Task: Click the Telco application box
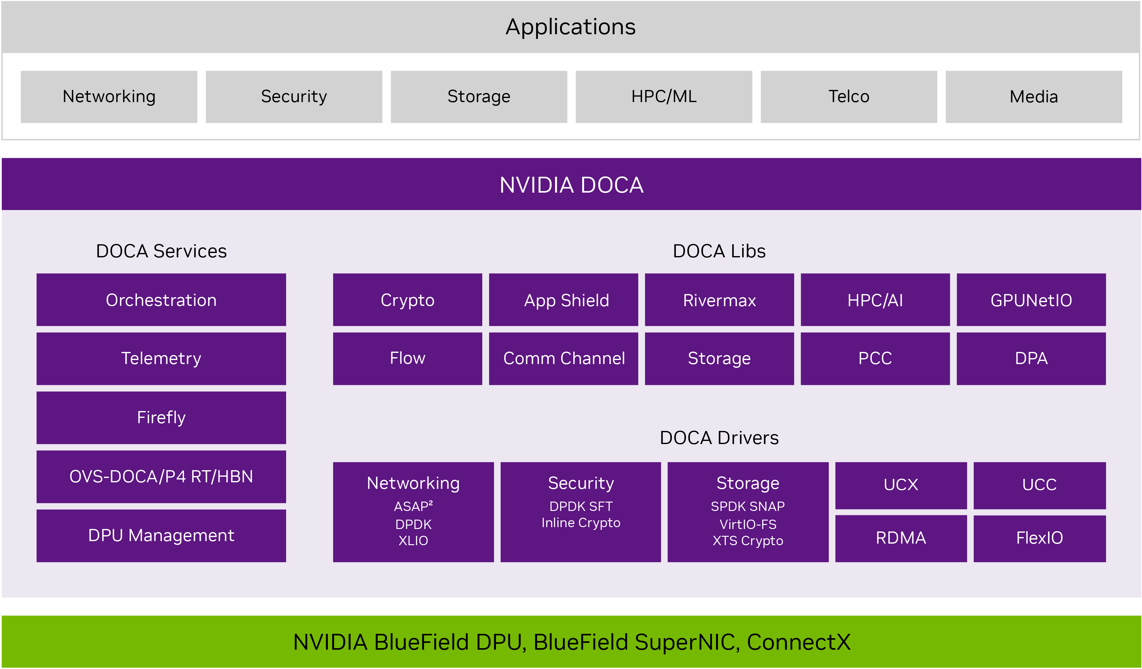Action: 849,96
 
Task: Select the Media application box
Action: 1034,96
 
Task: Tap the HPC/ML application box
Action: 664,96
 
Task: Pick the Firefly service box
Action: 161,418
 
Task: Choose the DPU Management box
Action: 161,536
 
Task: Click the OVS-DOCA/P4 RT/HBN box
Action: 161,476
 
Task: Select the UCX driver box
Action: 901,485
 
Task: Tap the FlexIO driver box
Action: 1040,539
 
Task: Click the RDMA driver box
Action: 901,539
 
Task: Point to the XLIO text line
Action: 413,540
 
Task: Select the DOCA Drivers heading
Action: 719,438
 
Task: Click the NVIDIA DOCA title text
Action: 571,185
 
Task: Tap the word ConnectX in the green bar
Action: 799,642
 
